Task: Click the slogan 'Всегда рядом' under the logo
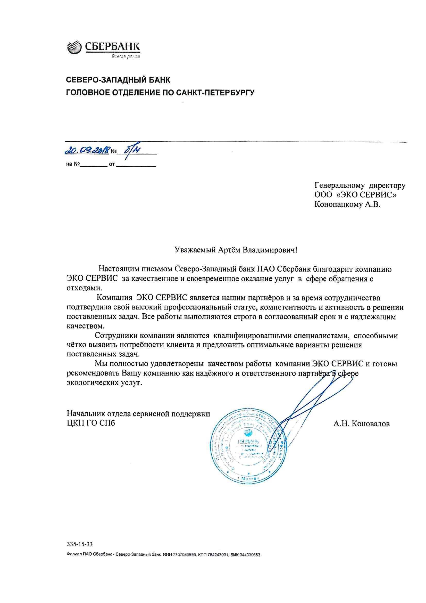tap(126, 56)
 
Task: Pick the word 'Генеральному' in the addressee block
tap(339, 186)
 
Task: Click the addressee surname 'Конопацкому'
tap(336, 204)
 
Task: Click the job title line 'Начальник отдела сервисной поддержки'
tap(139, 414)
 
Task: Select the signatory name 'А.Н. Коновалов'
tap(361, 424)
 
